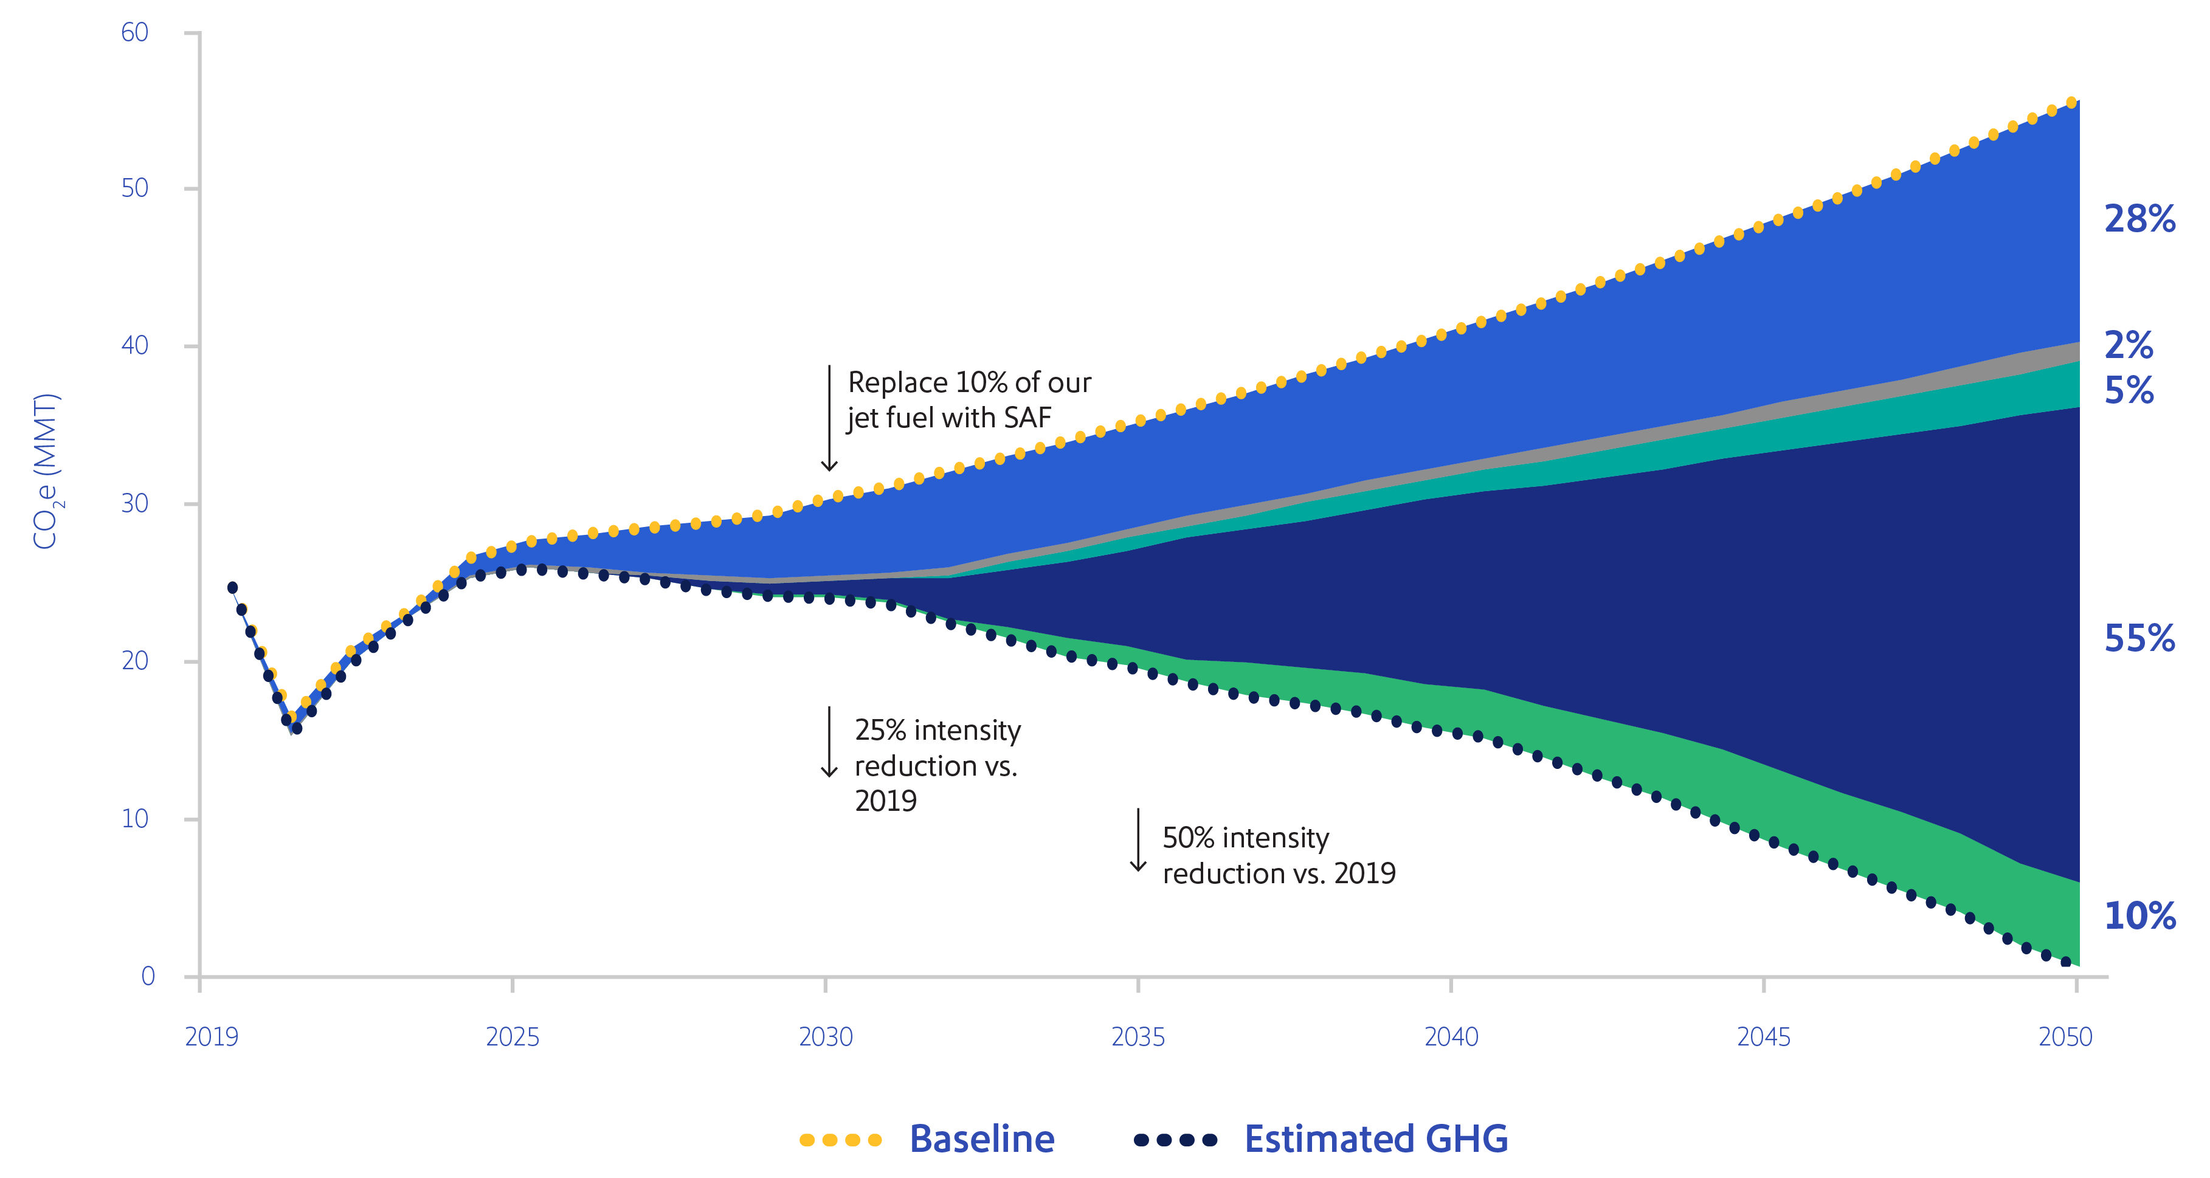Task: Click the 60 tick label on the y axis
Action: click(x=135, y=33)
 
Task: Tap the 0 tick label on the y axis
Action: click(x=148, y=976)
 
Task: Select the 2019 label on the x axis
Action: click(x=212, y=1038)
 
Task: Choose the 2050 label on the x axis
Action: click(x=2065, y=1038)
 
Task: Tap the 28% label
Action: click(x=2139, y=219)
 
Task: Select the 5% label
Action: click(x=2129, y=391)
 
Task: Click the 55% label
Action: click(x=2139, y=639)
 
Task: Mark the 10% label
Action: click(x=2139, y=916)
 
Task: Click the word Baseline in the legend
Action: click(x=981, y=1139)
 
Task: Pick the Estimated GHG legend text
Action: click(x=1375, y=1139)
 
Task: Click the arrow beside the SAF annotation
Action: click(x=829, y=418)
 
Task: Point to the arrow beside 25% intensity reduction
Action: click(x=829, y=742)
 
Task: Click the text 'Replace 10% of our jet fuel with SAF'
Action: click(x=968, y=400)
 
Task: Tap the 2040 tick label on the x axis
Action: click(x=1451, y=1038)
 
